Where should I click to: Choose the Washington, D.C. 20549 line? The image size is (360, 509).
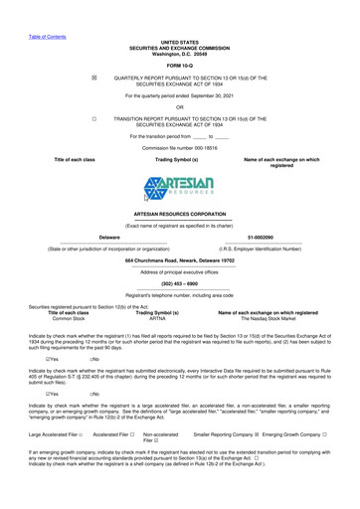point(179,54)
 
